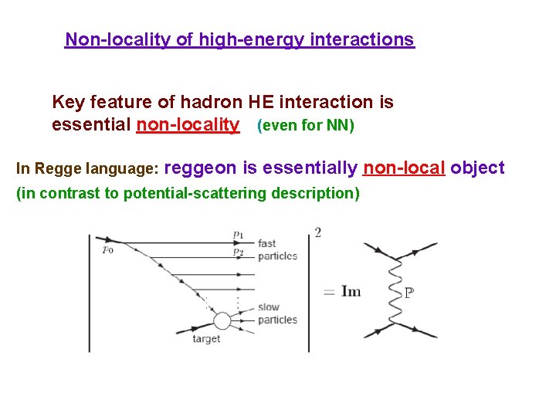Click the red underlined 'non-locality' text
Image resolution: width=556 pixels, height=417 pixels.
188,124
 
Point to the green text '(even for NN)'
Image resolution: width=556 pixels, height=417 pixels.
305,125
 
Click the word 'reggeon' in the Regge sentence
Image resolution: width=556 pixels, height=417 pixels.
201,168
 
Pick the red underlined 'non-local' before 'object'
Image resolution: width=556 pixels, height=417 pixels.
404,168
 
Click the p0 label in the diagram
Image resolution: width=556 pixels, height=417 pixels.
107,249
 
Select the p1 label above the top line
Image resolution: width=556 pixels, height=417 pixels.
238,233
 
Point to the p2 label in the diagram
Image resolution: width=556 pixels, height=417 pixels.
238,252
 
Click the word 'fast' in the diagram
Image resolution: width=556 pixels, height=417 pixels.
267,243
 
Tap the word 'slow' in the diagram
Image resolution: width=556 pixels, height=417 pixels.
268,307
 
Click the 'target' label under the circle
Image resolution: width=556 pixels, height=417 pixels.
206,339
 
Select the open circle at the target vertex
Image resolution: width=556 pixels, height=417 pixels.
222,320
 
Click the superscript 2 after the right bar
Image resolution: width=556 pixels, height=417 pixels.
318,232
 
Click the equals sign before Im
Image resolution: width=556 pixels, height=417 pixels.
329,292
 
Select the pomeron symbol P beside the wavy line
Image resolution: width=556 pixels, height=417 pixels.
409,293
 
